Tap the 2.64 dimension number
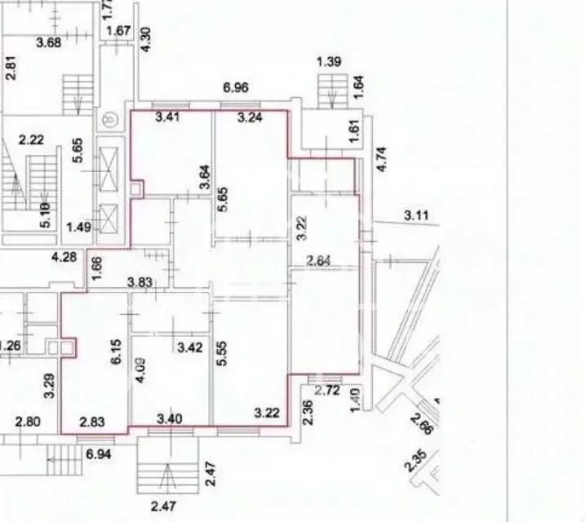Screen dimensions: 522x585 pyautogui.click(x=319, y=261)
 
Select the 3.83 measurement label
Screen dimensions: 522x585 pyautogui.click(x=140, y=281)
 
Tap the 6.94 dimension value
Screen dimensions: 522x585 pyautogui.click(x=99, y=451)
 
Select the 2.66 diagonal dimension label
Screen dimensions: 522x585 pyautogui.click(x=422, y=427)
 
